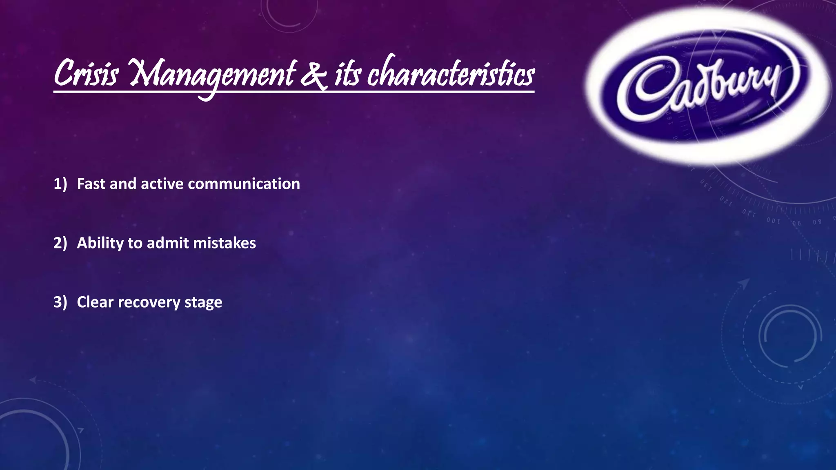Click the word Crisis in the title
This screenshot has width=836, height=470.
(86, 74)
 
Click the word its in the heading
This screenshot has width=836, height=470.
(347, 75)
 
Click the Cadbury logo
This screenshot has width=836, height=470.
(708, 86)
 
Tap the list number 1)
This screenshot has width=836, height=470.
(60, 184)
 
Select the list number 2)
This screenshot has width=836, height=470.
(60, 243)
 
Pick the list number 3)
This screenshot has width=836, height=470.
(60, 302)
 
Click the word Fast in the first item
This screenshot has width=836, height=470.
(92, 184)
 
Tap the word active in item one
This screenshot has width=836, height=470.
(162, 184)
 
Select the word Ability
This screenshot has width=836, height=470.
(100, 244)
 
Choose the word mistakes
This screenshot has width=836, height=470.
(225, 243)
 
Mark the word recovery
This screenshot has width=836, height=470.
(149, 303)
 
